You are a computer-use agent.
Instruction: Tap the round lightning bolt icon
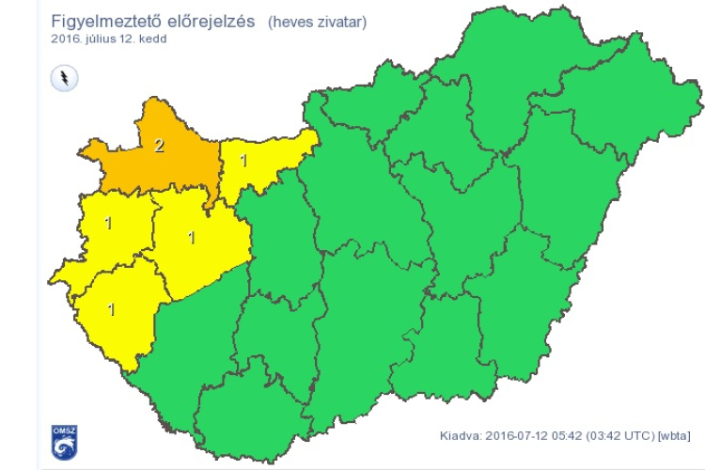64,77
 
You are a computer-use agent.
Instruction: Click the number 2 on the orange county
159,146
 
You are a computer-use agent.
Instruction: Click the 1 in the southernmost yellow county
111,308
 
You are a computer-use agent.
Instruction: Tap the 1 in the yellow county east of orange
243,161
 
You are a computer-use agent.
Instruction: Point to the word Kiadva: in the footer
461,435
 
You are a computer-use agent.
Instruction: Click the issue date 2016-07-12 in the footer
516,435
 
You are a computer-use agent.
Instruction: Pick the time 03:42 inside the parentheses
605,435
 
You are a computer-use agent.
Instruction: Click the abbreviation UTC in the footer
638,435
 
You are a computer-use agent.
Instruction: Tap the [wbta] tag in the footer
675,435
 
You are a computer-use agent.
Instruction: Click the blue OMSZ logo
64,442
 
